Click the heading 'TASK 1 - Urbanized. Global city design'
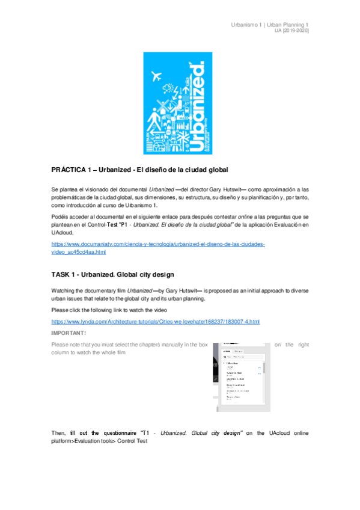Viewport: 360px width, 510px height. point(113,275)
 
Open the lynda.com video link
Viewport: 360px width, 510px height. point(156,322)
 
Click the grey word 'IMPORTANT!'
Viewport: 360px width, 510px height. point(69,333)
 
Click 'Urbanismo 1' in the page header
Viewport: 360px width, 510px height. point(246,24)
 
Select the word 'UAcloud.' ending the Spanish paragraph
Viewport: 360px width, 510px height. point(64,230)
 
